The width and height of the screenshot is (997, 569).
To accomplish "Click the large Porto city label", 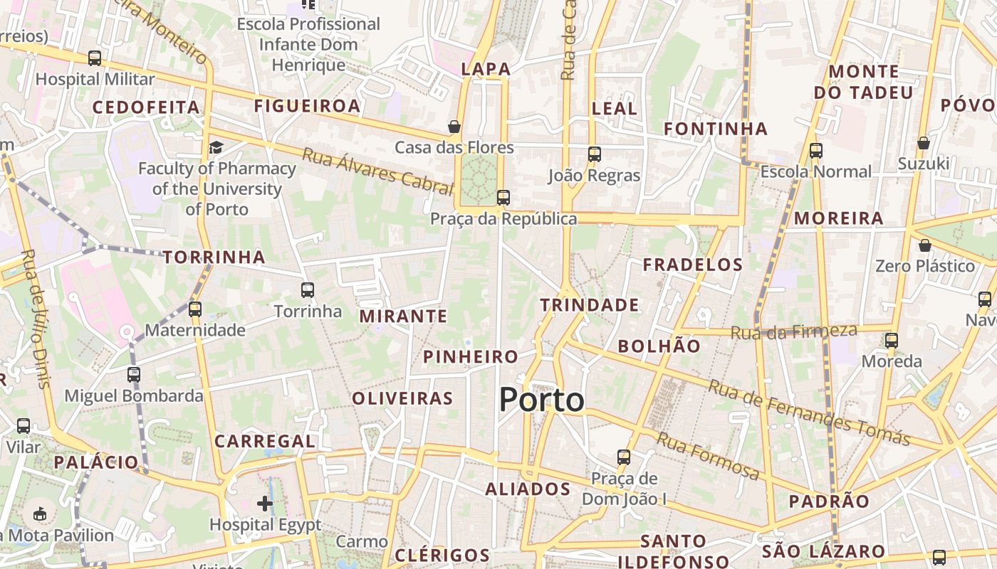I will (541, 400).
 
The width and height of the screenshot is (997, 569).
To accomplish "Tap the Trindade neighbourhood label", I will (589, 305).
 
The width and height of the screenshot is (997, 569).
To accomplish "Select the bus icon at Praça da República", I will (503, 197).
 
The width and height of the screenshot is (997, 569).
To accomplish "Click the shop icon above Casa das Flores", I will (454, 127).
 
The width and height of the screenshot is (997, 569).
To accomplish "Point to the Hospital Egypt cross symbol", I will (265, 504).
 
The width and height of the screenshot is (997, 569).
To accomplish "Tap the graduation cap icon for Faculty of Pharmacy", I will (216, 147).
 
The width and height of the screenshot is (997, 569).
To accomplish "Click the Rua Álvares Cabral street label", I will (377, 171).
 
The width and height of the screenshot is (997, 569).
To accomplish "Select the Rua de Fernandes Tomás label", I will (809, 413).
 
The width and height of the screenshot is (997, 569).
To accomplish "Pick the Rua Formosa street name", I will (708, 456).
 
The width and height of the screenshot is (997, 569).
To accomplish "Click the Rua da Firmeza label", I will (794, 331).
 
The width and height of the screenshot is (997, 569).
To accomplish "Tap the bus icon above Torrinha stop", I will (308, 289).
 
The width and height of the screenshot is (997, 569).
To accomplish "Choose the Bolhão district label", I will (659, 346).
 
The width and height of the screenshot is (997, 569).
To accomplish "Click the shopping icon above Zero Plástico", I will (924, 245).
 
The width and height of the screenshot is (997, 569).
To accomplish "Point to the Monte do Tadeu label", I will (863, 82).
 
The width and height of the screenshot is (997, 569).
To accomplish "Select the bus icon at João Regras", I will (594, 154).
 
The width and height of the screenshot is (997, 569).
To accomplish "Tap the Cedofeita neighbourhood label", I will (146, 107).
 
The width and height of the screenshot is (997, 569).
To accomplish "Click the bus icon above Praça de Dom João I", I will (624, 457).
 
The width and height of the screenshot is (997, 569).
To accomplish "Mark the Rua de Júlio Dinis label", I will (35, 319).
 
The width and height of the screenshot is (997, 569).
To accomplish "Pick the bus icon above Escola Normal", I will (816, 150).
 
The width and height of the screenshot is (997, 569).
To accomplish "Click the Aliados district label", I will (528, 489).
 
